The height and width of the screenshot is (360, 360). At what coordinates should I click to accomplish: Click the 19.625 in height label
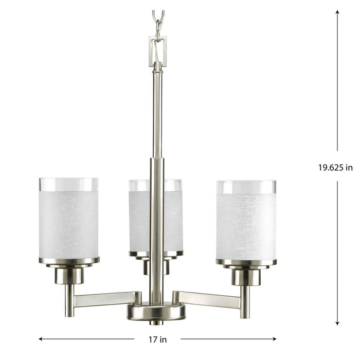335,167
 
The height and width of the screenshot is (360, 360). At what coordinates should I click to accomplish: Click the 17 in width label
157,339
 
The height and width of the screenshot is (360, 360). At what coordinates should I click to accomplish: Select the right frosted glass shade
246,226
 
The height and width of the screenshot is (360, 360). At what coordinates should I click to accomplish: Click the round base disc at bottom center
157,312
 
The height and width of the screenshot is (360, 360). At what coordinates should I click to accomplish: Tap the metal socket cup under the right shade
245,277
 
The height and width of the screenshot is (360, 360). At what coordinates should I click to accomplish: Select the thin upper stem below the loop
157,113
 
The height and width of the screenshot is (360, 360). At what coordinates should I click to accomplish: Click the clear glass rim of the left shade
68,185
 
